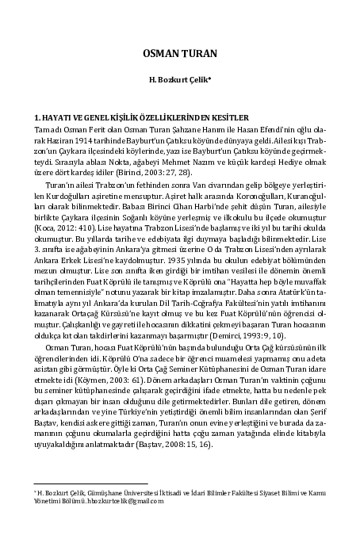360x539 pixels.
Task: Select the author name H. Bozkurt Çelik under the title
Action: pyautogui.click(x=180, y=80)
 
